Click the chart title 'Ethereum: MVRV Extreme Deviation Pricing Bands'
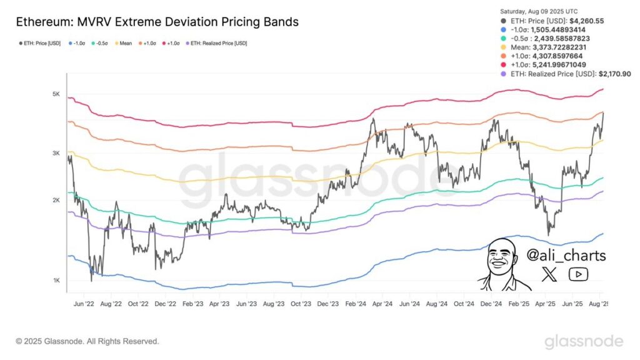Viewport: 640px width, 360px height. click(157, 22)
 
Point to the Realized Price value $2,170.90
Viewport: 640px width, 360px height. click(614, 74)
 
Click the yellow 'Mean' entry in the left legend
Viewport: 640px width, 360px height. click(126, 43)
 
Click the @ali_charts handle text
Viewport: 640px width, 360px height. click(566, 256)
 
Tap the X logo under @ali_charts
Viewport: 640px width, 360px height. click(549, 273)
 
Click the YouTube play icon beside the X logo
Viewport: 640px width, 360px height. click(577, 273)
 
